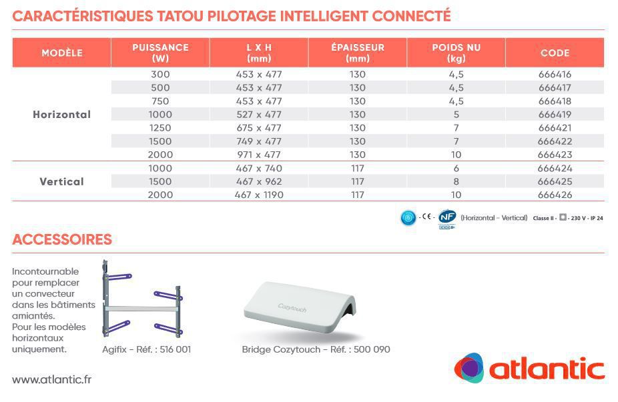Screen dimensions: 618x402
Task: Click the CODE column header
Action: (x=555, y=53)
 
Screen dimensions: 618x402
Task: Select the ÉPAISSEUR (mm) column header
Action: (x=358, y=53)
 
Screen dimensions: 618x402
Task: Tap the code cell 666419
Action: (x=555, y=115)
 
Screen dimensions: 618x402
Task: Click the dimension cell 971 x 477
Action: (x=259, y=155)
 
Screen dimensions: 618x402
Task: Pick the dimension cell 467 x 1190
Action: (x=259, y=195)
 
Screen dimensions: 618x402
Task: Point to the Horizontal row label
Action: (x=62, y=115)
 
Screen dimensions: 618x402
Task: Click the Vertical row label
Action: (x=62, y=181)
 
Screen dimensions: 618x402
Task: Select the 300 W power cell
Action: (x=160, y=75)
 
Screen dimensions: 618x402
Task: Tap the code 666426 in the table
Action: (x=555, y=195)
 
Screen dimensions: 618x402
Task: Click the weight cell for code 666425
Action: (x=456, y=181)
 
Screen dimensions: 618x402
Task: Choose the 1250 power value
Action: (x=160, y=128)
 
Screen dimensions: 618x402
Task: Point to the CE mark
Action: (x=426, y=217)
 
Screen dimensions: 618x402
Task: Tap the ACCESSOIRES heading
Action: (x=62, y=239)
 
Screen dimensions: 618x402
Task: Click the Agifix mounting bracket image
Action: (x=142, y=299)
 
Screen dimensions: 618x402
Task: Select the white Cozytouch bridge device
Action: (x=300, y=307)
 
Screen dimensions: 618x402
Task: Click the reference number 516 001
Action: (x=176, y=349)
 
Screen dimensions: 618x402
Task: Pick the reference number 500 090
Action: (x=372, y=349)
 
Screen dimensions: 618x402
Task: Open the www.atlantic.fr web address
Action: (x=51, y=379)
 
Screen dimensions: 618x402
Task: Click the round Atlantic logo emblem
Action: (x=469, y=368)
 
